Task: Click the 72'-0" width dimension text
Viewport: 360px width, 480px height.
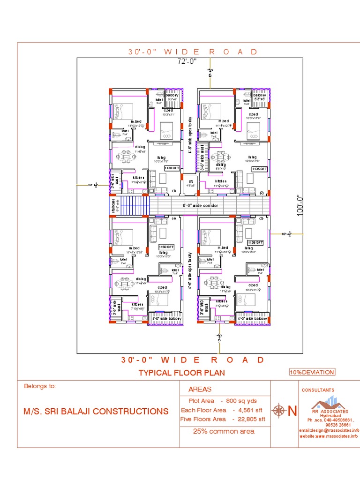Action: click(187, 61)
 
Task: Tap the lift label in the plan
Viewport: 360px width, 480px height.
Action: click(191, 181)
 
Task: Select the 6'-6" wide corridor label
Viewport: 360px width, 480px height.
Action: click(204, 205)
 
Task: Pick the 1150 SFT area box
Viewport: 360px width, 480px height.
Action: click(166, 247)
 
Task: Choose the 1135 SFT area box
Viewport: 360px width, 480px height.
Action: click(259, 169)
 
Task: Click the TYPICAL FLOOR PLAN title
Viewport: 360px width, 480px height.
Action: click(181, 373)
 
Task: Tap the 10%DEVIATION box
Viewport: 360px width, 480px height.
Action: click(312, 372)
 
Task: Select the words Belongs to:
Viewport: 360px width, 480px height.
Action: click(40, 386)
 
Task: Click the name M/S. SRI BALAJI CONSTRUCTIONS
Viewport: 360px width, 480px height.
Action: click(96, 412)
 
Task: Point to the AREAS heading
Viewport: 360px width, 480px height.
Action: click(200, 389)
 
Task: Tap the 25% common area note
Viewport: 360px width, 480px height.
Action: click(224, 431)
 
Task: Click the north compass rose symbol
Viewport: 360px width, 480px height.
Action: click(280, 411)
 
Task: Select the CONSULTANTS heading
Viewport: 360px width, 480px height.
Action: click(318, 390)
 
